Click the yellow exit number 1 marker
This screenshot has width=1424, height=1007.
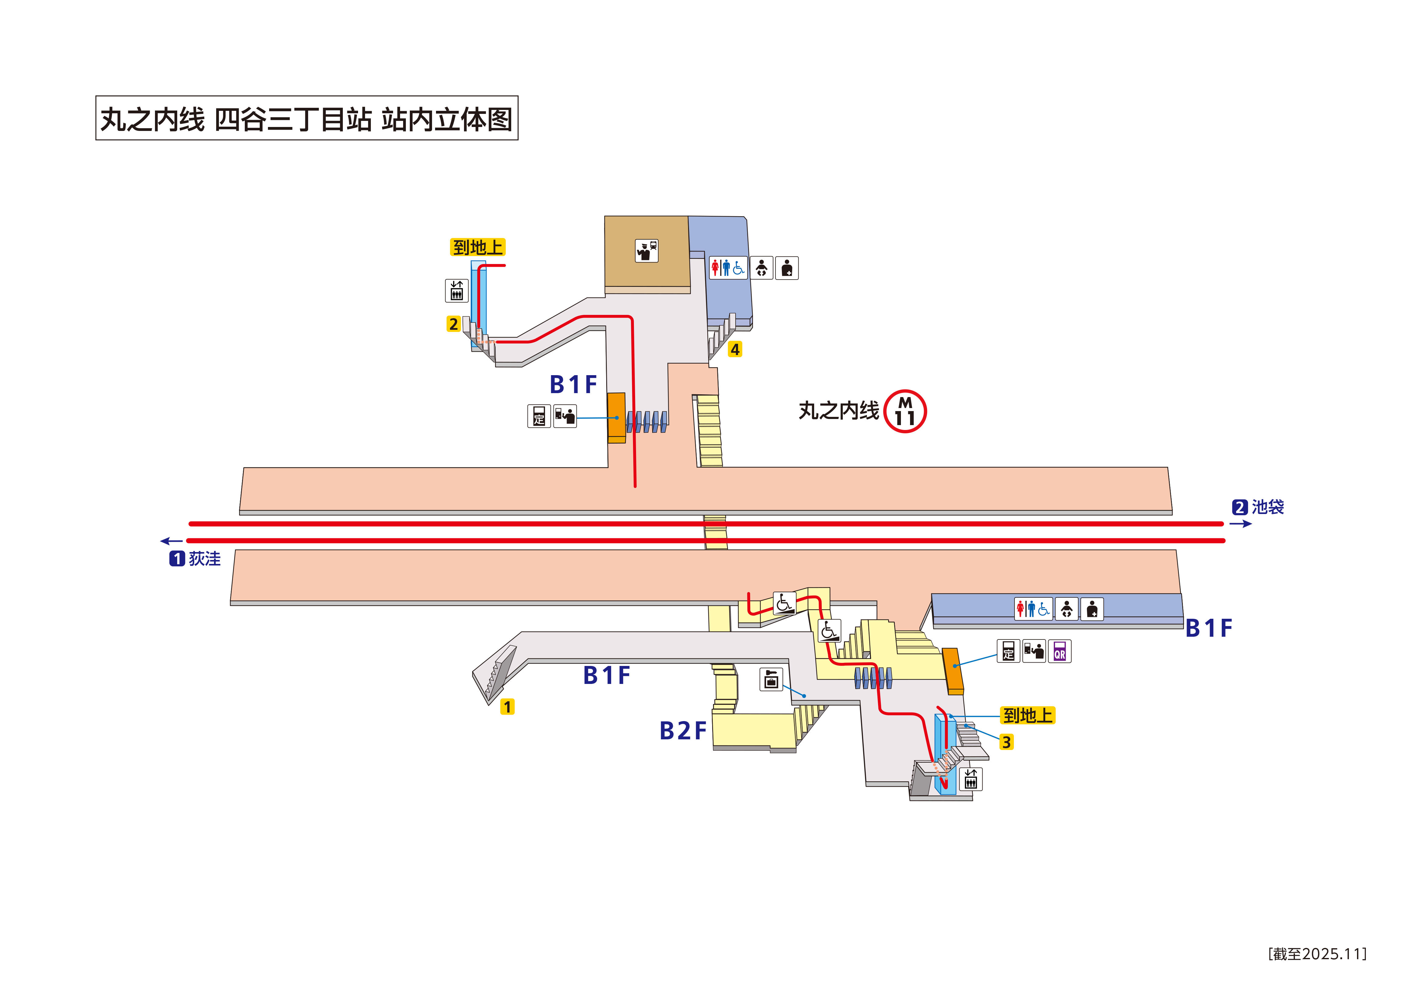(x=507, y=707)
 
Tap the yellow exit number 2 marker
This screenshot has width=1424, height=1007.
(x=453, y=324)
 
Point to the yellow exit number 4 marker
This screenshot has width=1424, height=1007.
(x=735, y=349)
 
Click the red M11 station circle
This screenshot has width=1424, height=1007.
(x=905, y=411)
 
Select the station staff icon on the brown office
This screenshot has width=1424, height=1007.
(x=646, y=251)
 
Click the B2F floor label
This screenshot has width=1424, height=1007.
(x=683, y=731)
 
